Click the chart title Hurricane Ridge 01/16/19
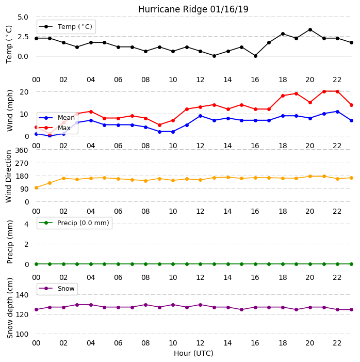(193, 9)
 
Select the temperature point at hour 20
(310, 29)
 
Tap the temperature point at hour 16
(255, 56)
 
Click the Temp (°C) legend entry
(66, 26)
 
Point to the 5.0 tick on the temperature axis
(23, 17)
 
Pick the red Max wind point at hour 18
(283, 96)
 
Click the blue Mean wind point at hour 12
(200, 116)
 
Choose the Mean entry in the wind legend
(57, 118)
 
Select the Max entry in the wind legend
(55, 128)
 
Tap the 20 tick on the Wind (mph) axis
(24, 92)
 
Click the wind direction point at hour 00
(36, 187)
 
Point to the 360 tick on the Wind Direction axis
(22, 150)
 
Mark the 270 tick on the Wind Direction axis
(22, 163)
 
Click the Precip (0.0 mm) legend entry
(74, 223)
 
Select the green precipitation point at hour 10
(173, 264)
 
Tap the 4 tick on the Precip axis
(26, 224)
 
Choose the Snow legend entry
(57, 289)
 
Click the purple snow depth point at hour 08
(145, 305)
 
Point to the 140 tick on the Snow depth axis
(22, 295)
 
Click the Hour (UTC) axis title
(193, 353)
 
